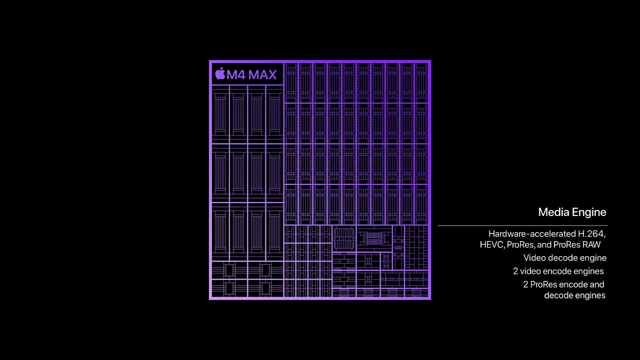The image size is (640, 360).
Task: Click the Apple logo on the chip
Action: (x=220, y=73)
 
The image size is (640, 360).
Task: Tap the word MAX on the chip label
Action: (x=262, y=75)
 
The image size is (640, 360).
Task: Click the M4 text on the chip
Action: (x=236, y=75)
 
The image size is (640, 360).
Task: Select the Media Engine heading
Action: (x=572, y=212)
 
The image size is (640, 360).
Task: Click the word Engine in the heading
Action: (x=589, y=213)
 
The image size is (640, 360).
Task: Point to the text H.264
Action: (x=591, y=234)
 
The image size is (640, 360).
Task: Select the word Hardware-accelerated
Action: (x=532, y=233)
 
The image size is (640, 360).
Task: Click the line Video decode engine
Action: (x=565, y=258)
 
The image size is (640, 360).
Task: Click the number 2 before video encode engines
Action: (x=515, y=271)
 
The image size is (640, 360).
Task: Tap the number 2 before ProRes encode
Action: (x=525, y=284)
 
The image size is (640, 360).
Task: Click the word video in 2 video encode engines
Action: (x=531, y=271)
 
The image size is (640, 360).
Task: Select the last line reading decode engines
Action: (x=574, y=295)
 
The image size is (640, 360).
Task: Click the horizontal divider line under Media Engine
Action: (x=523, y=225)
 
